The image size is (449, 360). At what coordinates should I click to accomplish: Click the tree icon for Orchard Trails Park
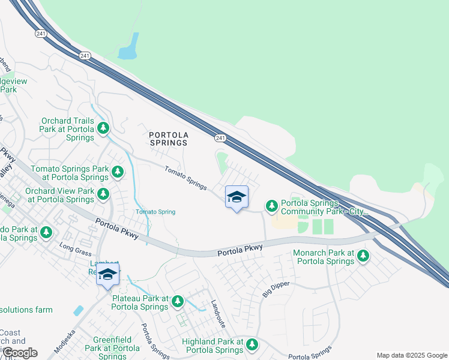[103, 128]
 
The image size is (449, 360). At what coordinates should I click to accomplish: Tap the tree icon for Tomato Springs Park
[118, 172]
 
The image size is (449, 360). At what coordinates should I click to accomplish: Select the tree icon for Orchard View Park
[103, 194]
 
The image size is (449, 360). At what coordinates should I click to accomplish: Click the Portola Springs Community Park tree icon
[272, 206]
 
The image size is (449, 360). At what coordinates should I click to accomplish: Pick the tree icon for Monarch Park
[363, 256]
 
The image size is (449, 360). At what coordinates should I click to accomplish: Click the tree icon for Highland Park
[252, 344]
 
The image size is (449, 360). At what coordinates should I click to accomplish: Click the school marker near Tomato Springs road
[237, 197]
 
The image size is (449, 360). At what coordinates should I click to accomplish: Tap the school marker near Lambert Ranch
[107, 275]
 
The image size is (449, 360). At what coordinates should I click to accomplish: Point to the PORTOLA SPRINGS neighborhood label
[168, 139]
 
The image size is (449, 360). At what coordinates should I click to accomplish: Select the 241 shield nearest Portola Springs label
[221, 138]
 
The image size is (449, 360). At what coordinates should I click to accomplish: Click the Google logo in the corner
[20, 353]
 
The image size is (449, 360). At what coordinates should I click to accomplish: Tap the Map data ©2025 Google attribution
[411, 355]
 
